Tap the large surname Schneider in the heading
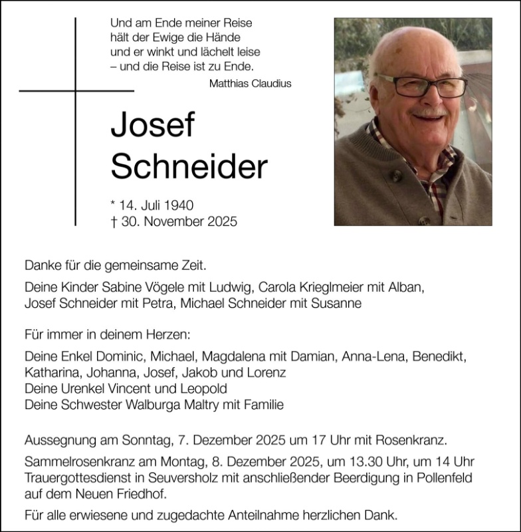pyautogui.click(x=189, y=168)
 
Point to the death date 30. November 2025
pyautogui.click(x=174, y=221)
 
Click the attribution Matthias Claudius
pyautogui.click(x=250, y=84)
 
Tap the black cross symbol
pyautogui.click(x=76, y=91)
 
